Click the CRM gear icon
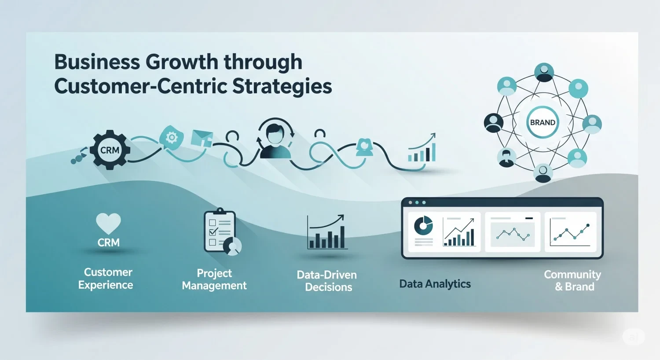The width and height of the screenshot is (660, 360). [x=110, y=150]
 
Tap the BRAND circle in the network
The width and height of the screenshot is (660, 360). [x=543, y=122]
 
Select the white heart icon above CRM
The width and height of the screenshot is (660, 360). [x=108, y=223]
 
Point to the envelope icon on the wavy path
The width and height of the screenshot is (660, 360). [x=202, y=138]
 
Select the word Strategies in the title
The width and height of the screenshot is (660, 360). [x=282, y=86]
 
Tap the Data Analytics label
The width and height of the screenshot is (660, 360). [x=435, y=284]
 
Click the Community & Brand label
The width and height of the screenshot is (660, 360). [x=573, y=280]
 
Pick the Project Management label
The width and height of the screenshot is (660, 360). [x=214, y=279]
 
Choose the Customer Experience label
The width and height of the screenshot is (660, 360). [x=106, y=279]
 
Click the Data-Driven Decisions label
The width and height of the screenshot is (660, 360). [x=327, y=281]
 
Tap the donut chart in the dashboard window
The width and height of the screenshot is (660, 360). [x=424, y=226]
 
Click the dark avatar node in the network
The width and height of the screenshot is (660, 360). [x=493, y=122]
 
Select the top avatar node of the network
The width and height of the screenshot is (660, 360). [x=544, y=72]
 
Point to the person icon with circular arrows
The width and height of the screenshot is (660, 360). [x=275, y=137]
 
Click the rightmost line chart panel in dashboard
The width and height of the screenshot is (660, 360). [x=571, y=232]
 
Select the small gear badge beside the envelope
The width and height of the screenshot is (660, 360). [x=171, y=138]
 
